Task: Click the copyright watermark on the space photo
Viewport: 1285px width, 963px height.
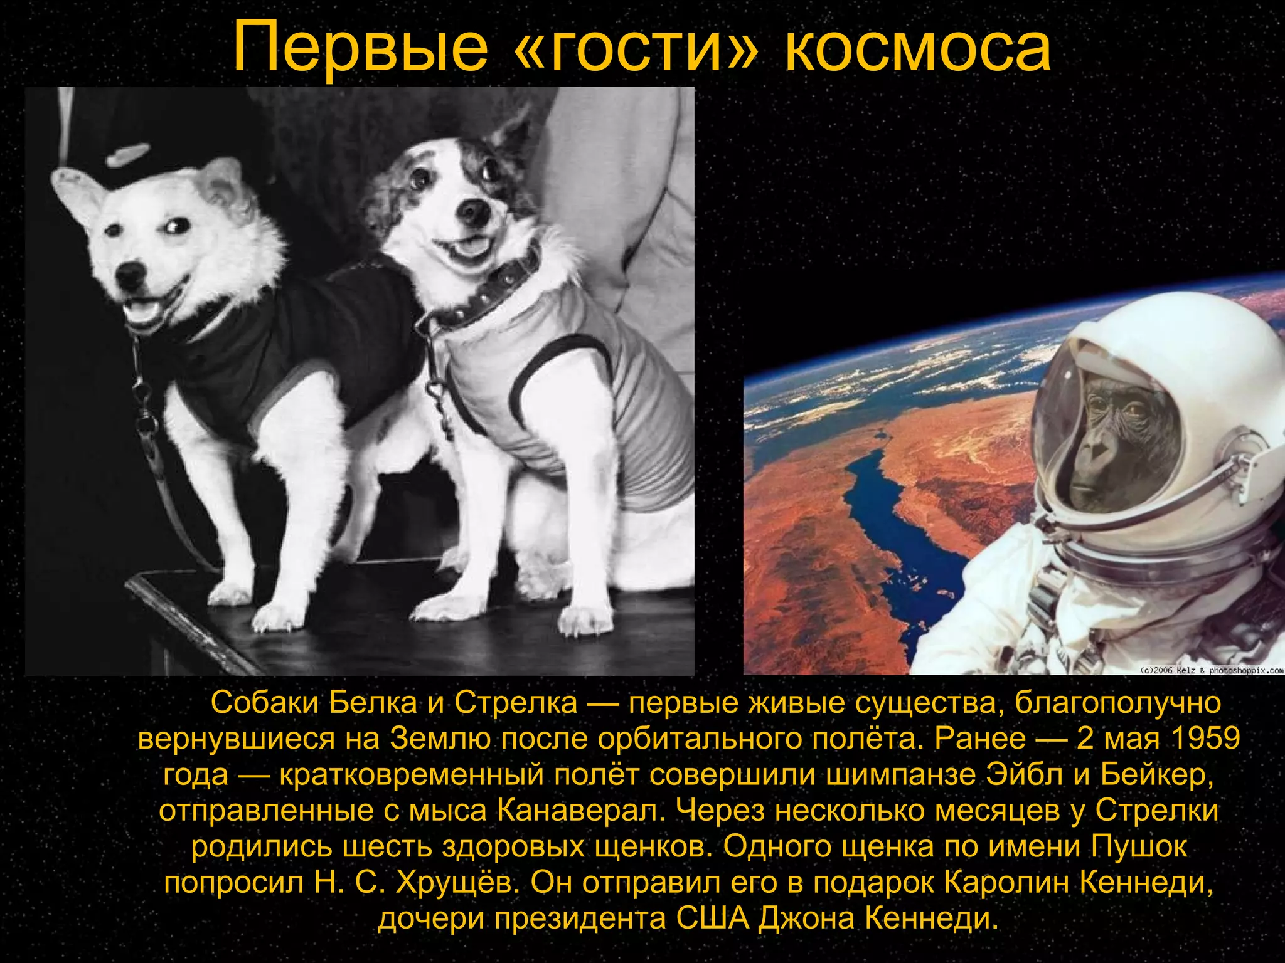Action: tap(1211, 670)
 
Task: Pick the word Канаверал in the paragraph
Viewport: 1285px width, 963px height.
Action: tap(581, 811)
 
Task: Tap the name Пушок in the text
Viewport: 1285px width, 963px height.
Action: tap(1139, 846)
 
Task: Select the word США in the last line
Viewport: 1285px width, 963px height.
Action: tap(713, 918)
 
